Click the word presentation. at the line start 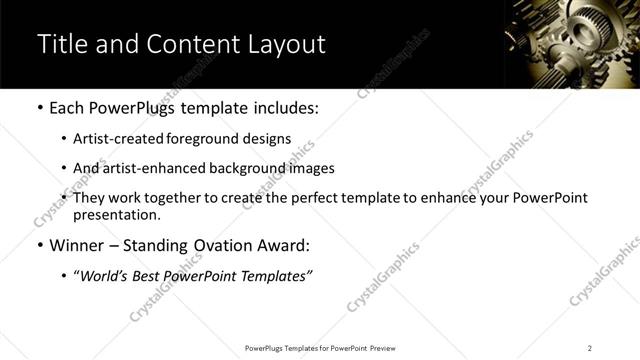[x=116, y=215]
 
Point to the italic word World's [x=104, y=276]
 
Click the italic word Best [x=151, y=276]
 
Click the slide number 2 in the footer [x=590, y=347]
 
